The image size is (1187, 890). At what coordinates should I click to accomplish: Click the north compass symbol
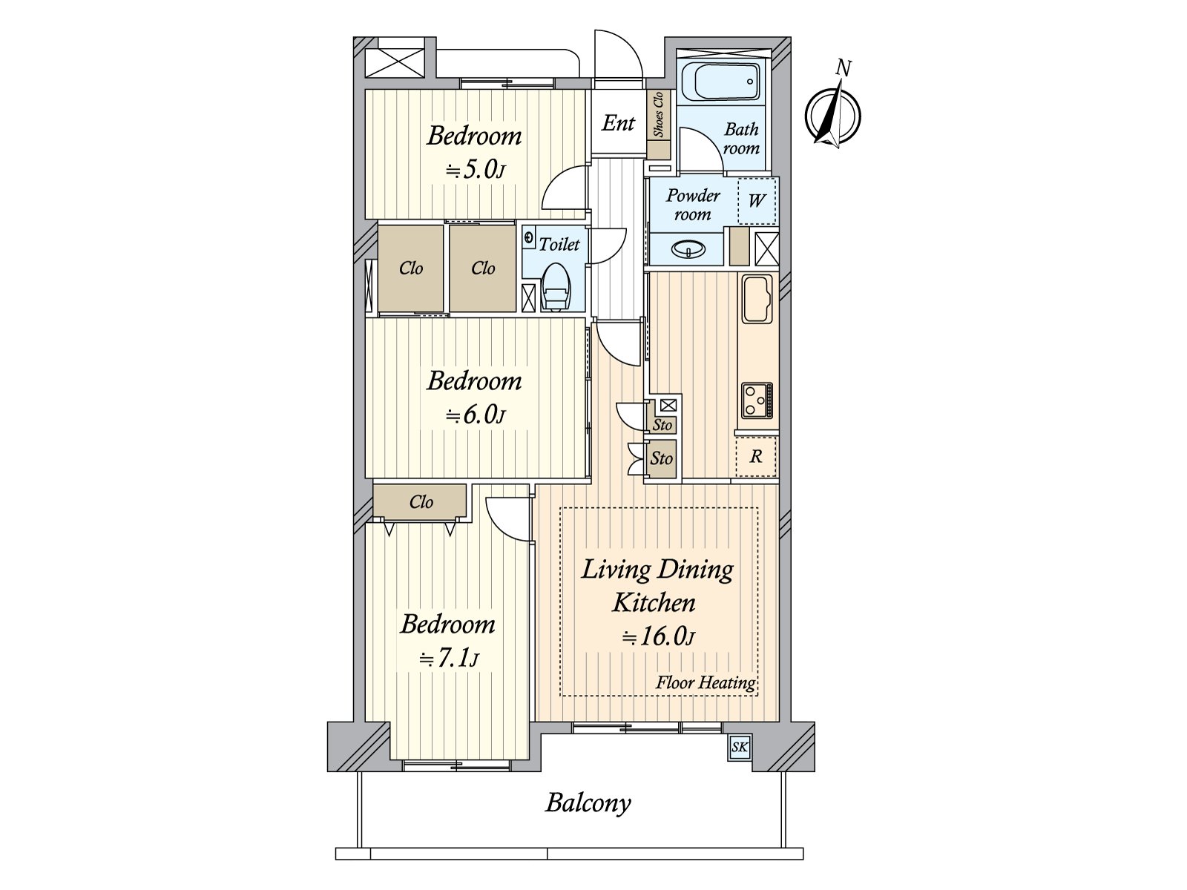[832, 116]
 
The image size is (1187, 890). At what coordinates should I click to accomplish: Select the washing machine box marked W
[757, 201]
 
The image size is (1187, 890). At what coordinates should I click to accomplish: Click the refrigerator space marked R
[755, 457]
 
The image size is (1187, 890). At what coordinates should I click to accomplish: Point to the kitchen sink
[757, 298]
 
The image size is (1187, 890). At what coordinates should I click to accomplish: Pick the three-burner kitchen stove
[757, 400]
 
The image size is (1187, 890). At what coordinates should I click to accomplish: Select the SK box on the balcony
[740, 747]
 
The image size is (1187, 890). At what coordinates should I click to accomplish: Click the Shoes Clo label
[658, 115]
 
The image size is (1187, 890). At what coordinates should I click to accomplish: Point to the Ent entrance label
[617, 123]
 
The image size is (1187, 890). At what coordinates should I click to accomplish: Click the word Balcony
[588, 802]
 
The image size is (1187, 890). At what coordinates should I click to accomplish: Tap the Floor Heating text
[705, 682]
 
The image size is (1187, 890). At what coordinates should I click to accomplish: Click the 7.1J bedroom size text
[449, 659]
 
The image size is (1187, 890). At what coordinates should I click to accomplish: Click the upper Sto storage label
[662, 425]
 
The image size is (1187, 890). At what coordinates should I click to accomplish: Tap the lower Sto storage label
[661, 458]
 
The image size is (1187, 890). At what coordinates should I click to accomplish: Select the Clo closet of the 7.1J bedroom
[421, 502]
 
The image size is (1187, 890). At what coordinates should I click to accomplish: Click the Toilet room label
[559, 244]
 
